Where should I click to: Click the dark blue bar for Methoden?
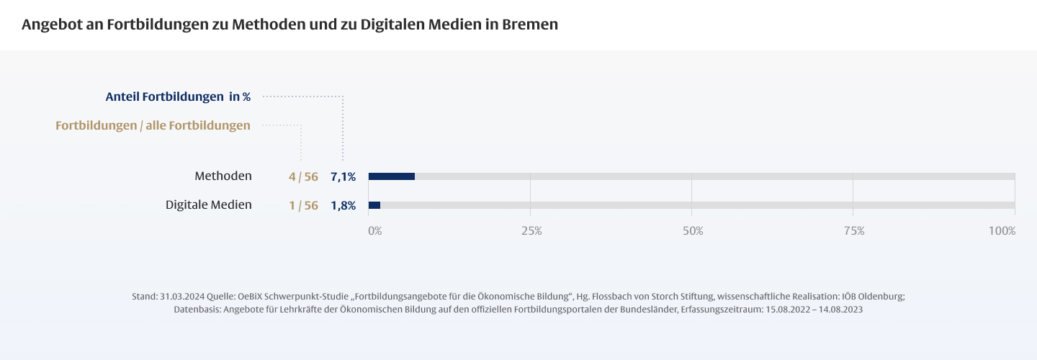pyautogui.click(x=391, y=176)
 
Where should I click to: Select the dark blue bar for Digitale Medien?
pyautogui.click(x=374, y=205)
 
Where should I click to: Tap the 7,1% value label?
pyautogui.click(x=343, y=176)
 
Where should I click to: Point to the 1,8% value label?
pyautogui.click(x=343, y=205)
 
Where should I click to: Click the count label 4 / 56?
pyautogui.click(x=303, y=176)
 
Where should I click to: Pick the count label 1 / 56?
pyautogui.click(x=303, y=205)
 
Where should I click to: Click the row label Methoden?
pyautogui.click(x=223, y=176)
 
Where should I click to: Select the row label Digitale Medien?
pyautogui.click(x=209, y=204)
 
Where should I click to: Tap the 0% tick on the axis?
pyautogui.click(x=374, y=231)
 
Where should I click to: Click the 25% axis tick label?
pyautogui.click(x=531, y=231)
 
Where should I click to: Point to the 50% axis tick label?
pyautogui.click(x=693, y=231)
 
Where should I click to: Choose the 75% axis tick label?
pyautogui.click(x=854, y=231)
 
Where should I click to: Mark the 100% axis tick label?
pyautogui.click(x=1002, y=231)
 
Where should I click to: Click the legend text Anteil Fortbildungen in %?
pyautogui.click(x=178, y=96)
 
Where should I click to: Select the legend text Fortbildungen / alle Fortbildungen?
pyautogui.click(x=153, y=125)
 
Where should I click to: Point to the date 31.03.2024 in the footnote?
pyautogui.click(x=181, y=296)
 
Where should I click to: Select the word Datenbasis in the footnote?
pyautogui.click(x=197, y=309)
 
